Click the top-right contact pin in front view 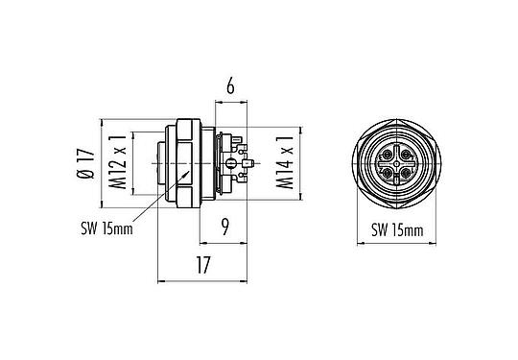(x=409, y=153)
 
